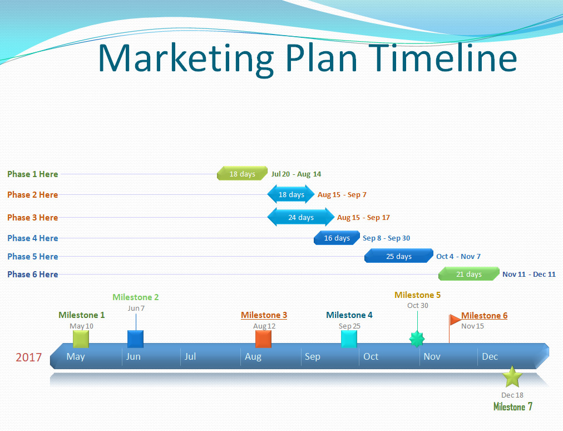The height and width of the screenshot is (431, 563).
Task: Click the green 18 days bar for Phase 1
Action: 243,173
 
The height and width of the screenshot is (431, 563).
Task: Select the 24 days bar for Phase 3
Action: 301,217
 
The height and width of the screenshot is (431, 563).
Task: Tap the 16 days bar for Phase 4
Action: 337,238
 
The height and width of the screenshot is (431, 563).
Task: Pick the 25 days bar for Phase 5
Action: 398,256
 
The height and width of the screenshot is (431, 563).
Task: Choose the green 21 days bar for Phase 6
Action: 469,274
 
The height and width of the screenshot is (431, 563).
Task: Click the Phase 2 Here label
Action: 33,195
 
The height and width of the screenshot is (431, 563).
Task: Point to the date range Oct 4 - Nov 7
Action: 458,256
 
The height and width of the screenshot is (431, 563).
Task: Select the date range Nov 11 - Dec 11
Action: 529,275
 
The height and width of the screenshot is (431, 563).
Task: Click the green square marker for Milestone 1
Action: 81,339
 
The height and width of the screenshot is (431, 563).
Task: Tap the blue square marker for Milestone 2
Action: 135,339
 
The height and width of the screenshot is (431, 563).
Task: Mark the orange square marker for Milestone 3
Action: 263,339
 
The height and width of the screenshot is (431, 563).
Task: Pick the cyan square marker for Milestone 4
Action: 349,339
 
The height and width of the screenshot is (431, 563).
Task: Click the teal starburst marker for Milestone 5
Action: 417,339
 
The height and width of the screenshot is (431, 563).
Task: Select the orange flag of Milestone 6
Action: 455,319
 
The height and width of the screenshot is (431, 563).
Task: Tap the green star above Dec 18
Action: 512,377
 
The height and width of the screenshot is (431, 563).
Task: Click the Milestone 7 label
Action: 513,406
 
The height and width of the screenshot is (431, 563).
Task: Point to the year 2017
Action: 29,357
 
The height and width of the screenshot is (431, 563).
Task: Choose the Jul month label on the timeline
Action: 190,356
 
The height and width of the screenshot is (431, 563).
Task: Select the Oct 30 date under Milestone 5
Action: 418,305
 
